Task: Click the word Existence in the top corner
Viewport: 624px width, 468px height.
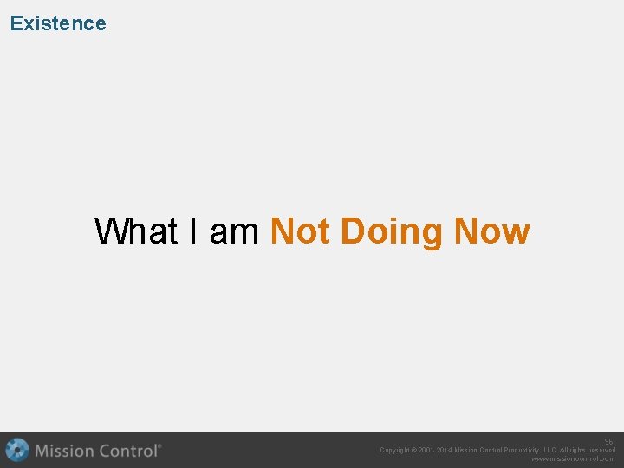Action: click(58, 23)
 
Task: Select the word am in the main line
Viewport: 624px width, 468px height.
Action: click(234, 231)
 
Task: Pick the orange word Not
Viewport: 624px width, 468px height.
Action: click(301, 231)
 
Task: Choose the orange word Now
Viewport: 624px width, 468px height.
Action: click(492, 231)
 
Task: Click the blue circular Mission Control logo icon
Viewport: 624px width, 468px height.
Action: click(16, 451)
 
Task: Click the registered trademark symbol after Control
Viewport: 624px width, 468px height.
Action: click(159, 446)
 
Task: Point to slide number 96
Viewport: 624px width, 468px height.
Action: click(608, 441)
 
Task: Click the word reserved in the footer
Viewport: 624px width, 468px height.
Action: click(602, 451)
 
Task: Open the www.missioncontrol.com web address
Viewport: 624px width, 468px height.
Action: click(573, 459)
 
